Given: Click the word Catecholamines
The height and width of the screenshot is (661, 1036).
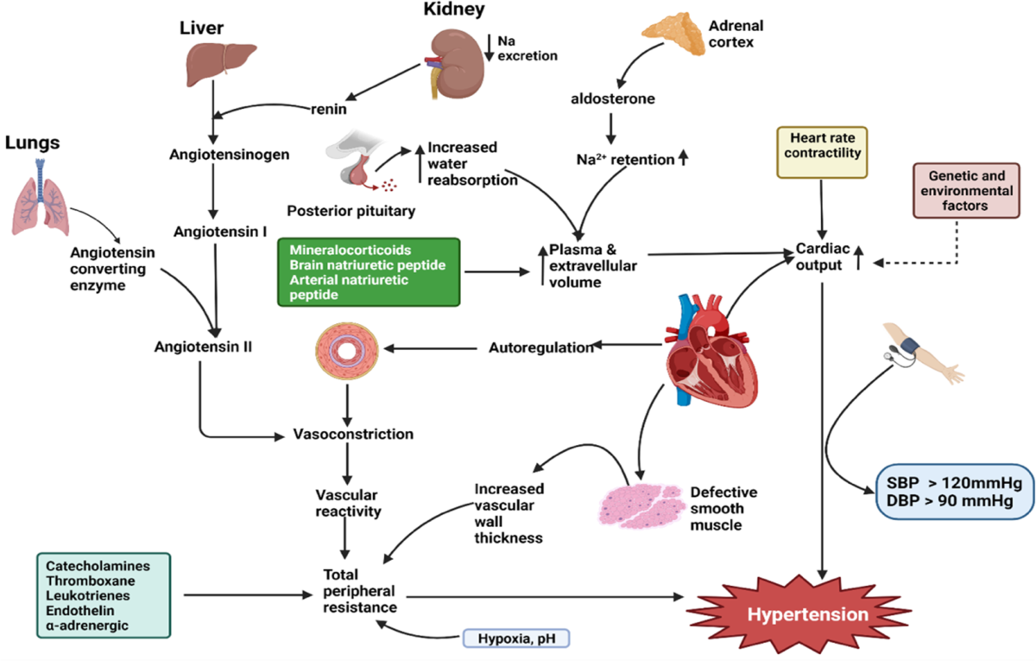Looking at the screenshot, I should pos(93,565).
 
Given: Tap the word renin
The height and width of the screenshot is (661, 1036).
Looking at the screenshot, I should pos(328,109).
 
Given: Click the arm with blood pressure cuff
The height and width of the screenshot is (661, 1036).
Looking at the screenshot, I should pos(920,354).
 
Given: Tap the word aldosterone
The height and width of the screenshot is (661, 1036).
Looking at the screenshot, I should pos(611,99).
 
